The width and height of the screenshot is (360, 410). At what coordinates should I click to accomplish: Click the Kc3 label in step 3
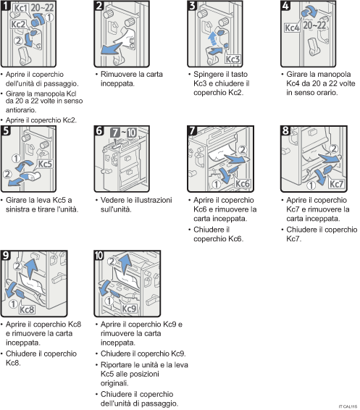point(232,59)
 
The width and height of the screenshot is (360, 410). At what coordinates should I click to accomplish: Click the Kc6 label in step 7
point(243,184)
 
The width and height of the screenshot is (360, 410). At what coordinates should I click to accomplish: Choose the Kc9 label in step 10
point(130,308)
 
